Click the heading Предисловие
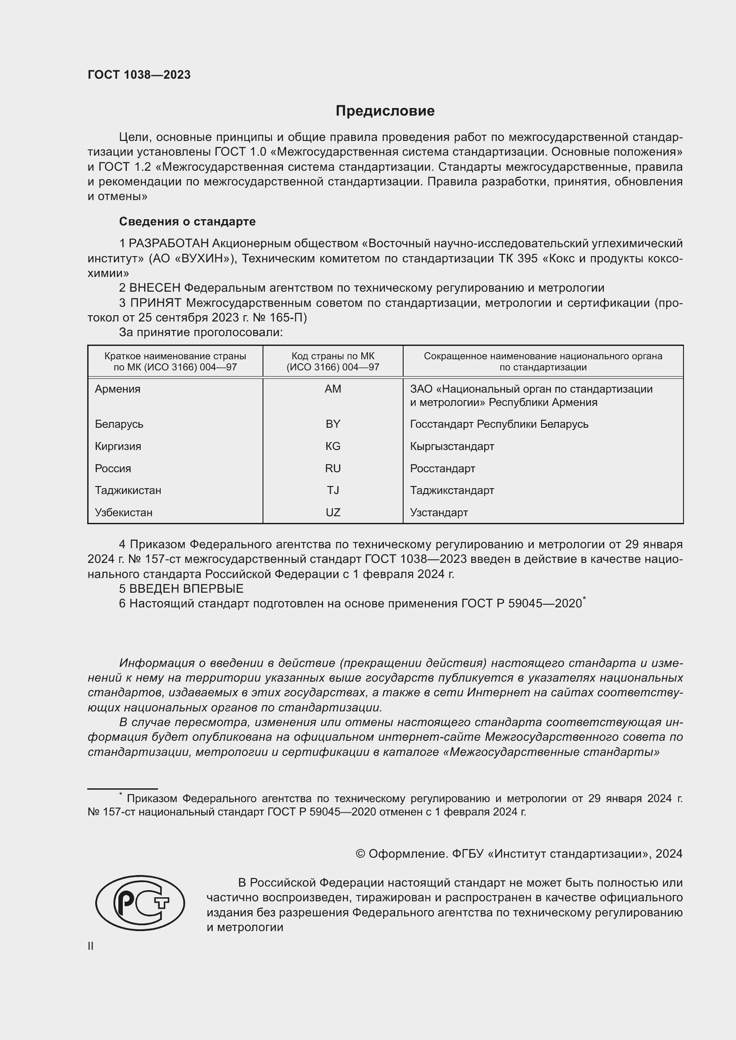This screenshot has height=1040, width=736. point(385,111)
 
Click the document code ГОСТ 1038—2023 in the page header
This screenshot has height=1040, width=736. point(139,75)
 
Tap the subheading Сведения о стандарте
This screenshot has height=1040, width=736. point(187,221)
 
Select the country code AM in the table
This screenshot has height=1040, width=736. point(333,389)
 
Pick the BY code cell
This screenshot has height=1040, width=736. point(333,424)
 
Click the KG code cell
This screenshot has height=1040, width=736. point(333,446)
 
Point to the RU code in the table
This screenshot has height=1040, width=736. point(333,468)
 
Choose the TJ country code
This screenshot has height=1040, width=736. point(333,490)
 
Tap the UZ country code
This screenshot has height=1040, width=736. point(333,512)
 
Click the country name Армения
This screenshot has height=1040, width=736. point(117,389)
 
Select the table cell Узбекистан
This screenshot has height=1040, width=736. point(123,512)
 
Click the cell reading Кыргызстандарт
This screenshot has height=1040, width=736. point(452,446)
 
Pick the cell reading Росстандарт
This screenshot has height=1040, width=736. point(442,468)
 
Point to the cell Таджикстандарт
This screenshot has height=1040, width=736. point(452,490)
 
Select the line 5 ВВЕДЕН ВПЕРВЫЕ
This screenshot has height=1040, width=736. point(181,588)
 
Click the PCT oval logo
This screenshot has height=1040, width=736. point(140,903)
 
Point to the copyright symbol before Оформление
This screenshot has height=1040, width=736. point(360,854)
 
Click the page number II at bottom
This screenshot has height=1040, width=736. point(91,946)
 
